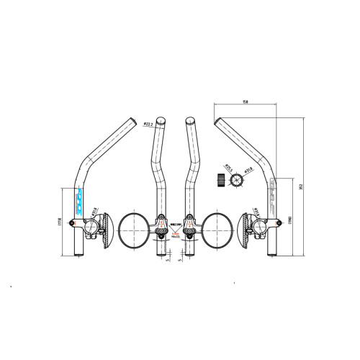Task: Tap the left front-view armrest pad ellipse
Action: pos(132,229)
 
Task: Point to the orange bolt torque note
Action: pos(175,233)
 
